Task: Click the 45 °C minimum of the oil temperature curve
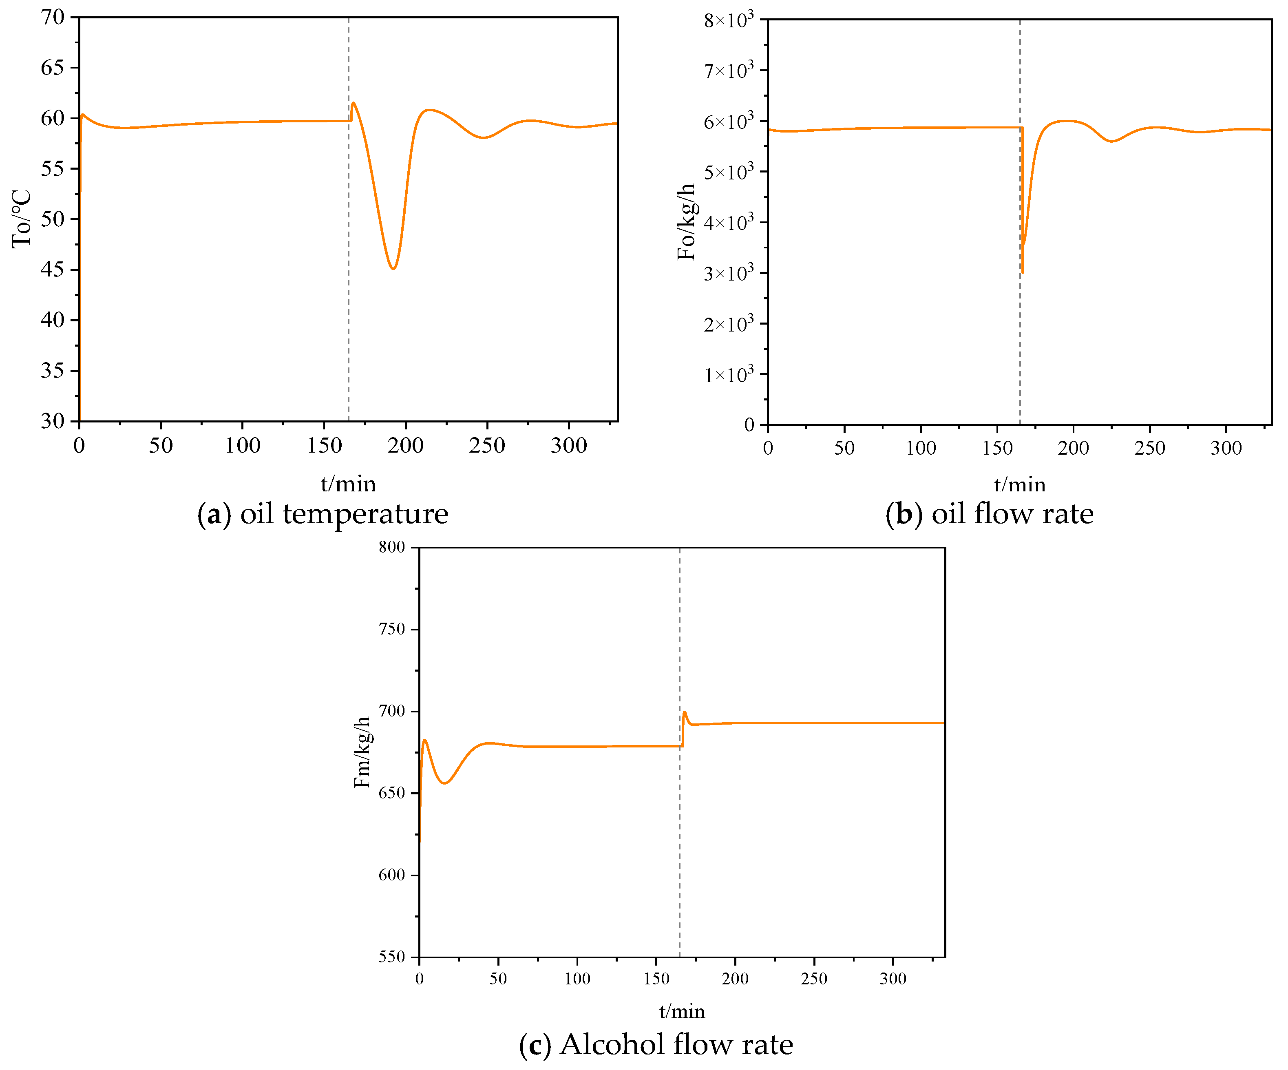click(393, 268)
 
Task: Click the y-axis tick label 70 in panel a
click(52, 17)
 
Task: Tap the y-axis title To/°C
click(22, 219)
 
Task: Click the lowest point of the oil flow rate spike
click(1023, 272)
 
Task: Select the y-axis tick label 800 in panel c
click(391, 547)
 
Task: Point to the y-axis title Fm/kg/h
click(362, 752)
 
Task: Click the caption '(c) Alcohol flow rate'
click(656, 1045)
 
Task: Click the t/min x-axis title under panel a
click(348, 484)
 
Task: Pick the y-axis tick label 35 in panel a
click(52, 371)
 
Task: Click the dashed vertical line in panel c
click(680, 859)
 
